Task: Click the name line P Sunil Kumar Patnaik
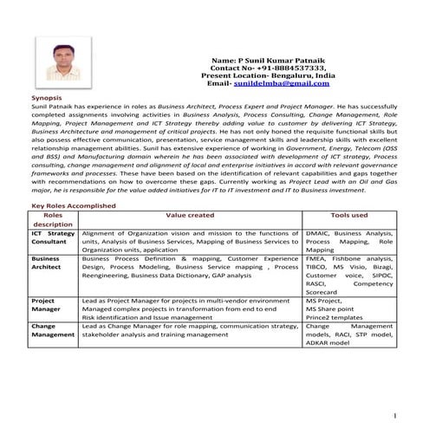click(x=261, y=59)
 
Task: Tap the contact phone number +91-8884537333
click(x=284, y=67)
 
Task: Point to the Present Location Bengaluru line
click(x=261, y=75)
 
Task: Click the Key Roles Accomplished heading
click(x=74, y=205)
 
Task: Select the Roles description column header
click(x=53, y=219)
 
